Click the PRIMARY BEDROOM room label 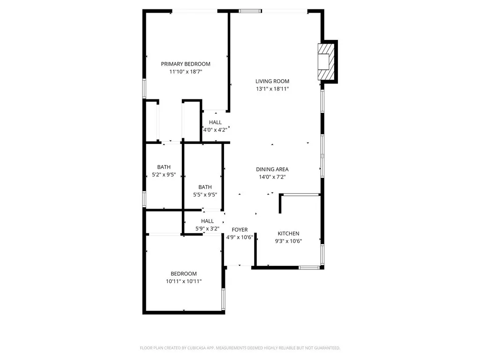click(186, 64)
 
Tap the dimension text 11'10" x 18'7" click(186, 72)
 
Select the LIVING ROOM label click(272, 81)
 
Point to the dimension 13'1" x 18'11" click(272, 89)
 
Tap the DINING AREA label click(272, 169)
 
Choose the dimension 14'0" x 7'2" click(272, 177)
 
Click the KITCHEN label click(288, 233)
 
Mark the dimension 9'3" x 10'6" click(288, 241)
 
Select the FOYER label click(240, 230)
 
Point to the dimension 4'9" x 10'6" click(240, 237)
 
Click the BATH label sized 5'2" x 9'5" click(164, 167)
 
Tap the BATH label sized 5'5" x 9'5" click(205, 187)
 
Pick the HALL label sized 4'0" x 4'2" click(216, 122)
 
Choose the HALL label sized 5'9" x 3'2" click(207, 221)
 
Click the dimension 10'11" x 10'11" click(184, 281)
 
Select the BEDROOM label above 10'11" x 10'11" click(184, 274)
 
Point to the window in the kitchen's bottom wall click(309, 268)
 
